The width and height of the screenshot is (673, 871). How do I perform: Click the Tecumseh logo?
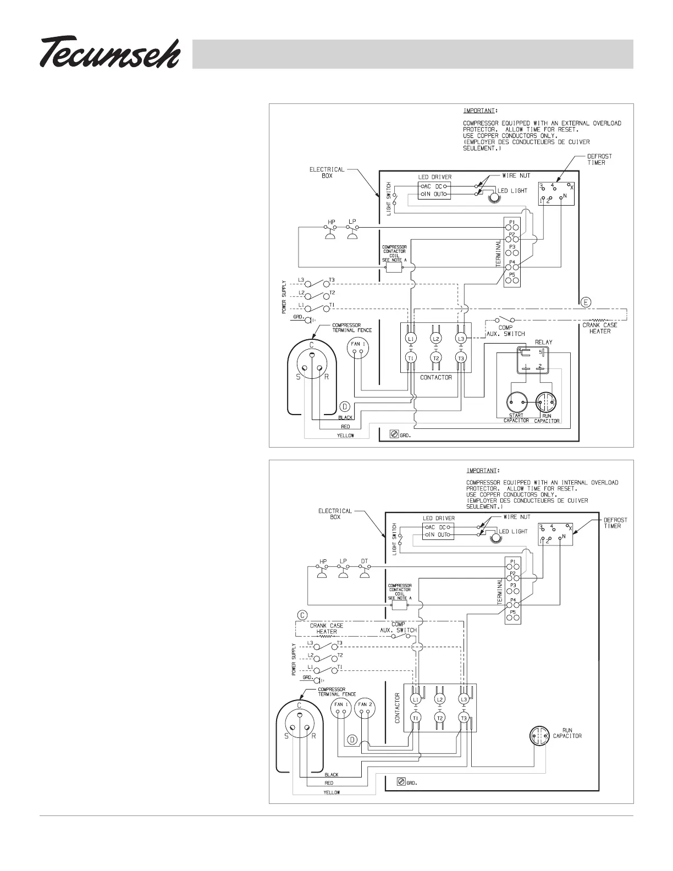point(110,53)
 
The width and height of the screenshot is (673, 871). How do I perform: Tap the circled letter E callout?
point(586,302)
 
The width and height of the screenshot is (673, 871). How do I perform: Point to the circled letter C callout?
point(301,615)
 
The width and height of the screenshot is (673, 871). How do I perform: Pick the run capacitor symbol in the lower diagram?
point(539,735)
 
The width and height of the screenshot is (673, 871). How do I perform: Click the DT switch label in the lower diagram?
point(364,561)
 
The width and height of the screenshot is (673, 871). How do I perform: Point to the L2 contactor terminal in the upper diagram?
point(435,339)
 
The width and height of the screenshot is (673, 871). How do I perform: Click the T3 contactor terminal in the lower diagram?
point(464,718)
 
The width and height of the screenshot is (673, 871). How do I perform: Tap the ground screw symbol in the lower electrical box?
point(401,781)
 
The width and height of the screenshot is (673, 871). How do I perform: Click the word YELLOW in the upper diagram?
point(345,435)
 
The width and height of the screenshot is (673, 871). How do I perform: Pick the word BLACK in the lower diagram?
point(332,775)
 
